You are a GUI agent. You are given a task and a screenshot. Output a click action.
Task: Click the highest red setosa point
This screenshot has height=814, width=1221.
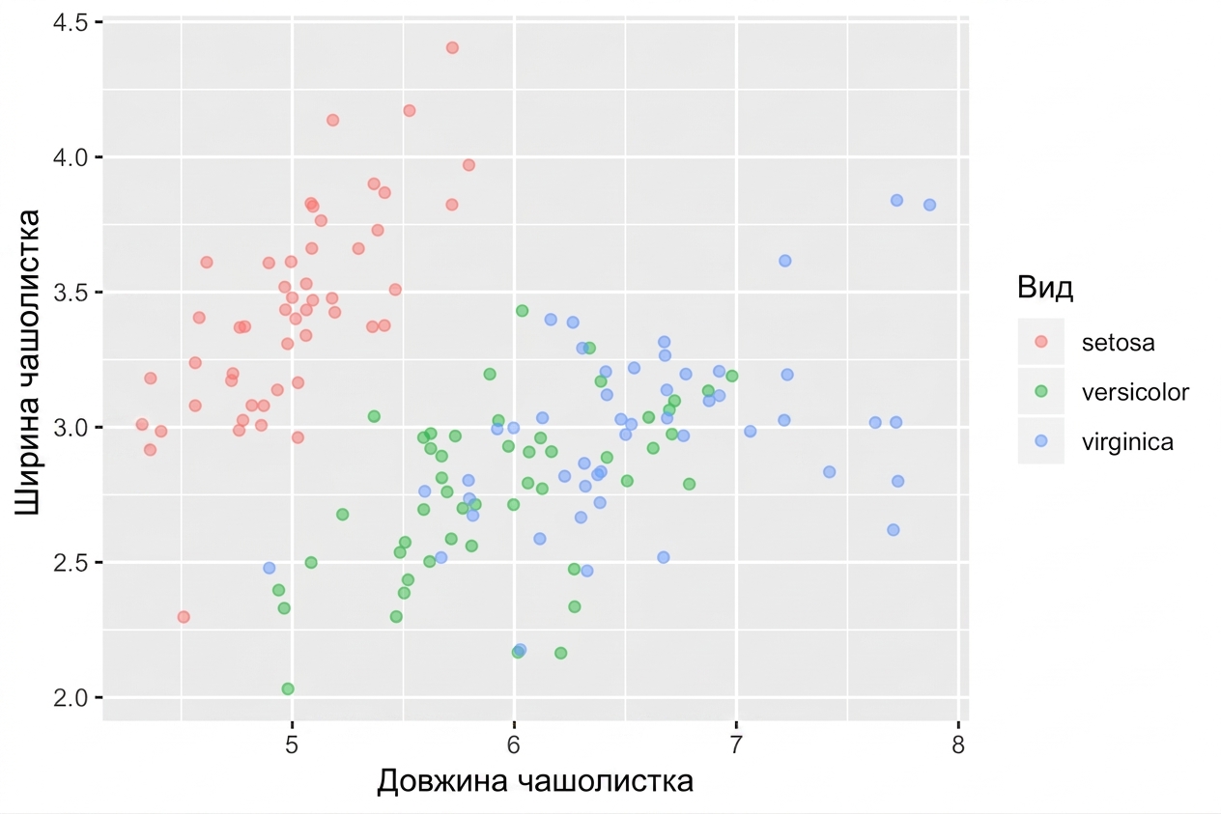[452, 48]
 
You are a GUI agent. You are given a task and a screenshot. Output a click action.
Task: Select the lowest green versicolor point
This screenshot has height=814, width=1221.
[288, 688]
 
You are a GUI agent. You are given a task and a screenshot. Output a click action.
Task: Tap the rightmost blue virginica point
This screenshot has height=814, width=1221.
[929, 205]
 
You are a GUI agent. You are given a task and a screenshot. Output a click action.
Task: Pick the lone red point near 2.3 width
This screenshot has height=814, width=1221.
[184, 617]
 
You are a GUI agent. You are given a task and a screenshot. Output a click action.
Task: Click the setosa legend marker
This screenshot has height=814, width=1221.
[1041, 342]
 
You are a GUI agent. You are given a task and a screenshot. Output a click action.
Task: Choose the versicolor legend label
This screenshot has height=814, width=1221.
[1135, 392]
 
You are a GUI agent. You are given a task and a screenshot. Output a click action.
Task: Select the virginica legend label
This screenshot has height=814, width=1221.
[1127, 442]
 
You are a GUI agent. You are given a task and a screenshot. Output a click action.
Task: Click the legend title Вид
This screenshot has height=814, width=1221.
[1045, 287]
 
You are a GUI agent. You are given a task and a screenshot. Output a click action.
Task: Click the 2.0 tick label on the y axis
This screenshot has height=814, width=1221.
[71, 697]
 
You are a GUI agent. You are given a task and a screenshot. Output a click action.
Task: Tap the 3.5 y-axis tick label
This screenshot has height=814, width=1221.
[71, 293]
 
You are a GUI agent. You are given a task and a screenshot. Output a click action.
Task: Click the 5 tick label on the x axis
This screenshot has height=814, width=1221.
[292, 744]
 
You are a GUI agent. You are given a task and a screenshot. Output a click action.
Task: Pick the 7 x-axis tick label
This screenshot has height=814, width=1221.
[736, 744]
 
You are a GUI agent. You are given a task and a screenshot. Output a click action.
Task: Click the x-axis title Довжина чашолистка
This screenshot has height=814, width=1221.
[535, 781]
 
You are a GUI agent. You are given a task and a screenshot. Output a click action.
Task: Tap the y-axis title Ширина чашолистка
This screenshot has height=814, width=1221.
[26, 362]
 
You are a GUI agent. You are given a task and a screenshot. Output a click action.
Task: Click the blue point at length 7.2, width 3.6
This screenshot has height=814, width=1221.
[784, 261]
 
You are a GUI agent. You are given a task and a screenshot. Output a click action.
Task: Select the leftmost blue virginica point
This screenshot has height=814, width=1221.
[269, 568]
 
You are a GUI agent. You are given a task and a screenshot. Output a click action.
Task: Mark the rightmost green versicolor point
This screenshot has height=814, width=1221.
[731, 376]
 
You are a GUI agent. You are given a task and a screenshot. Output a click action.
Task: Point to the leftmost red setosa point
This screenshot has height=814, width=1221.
[142, 425]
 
